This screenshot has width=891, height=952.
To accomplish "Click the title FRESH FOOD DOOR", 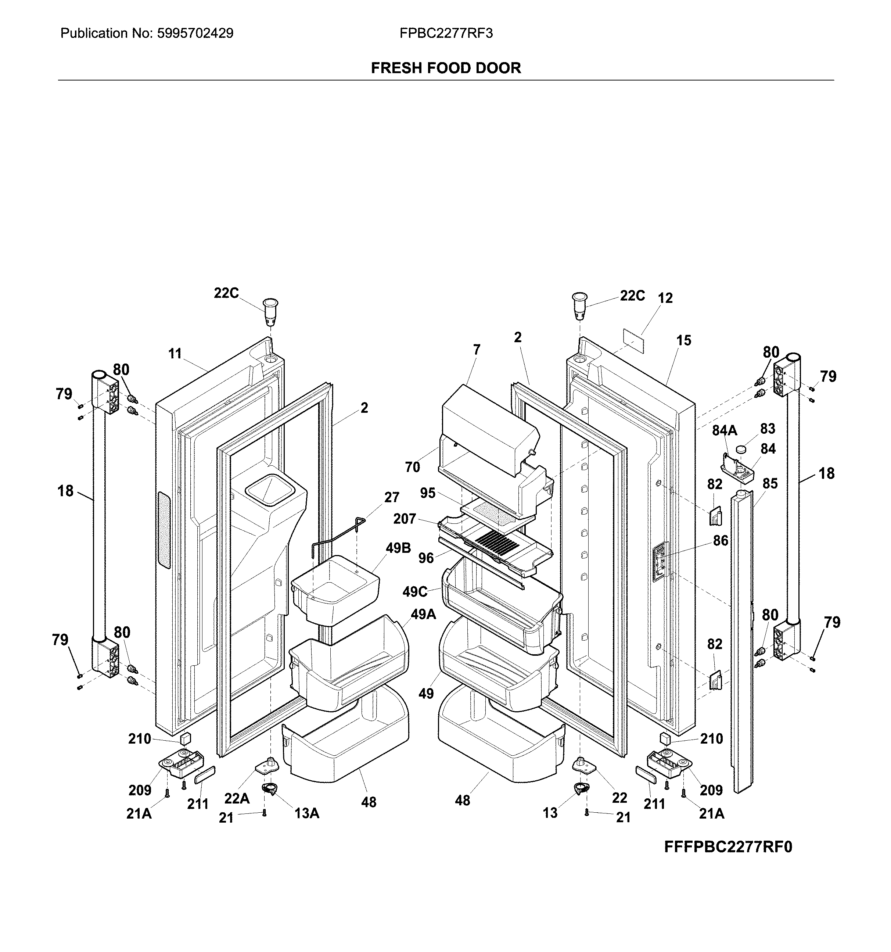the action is (446, 68).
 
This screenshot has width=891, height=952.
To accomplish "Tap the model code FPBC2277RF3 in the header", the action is (446, 33).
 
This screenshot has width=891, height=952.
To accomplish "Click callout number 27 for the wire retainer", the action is (392, 498).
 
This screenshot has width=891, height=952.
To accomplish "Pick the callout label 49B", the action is (398, 548).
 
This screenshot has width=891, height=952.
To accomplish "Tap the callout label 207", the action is (405, 519).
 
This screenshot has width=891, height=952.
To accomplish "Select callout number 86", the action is (721, 541).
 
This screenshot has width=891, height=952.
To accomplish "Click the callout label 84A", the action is (725, 430).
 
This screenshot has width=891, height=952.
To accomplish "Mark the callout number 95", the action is (428, 493).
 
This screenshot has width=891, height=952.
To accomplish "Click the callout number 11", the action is (175, 354).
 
